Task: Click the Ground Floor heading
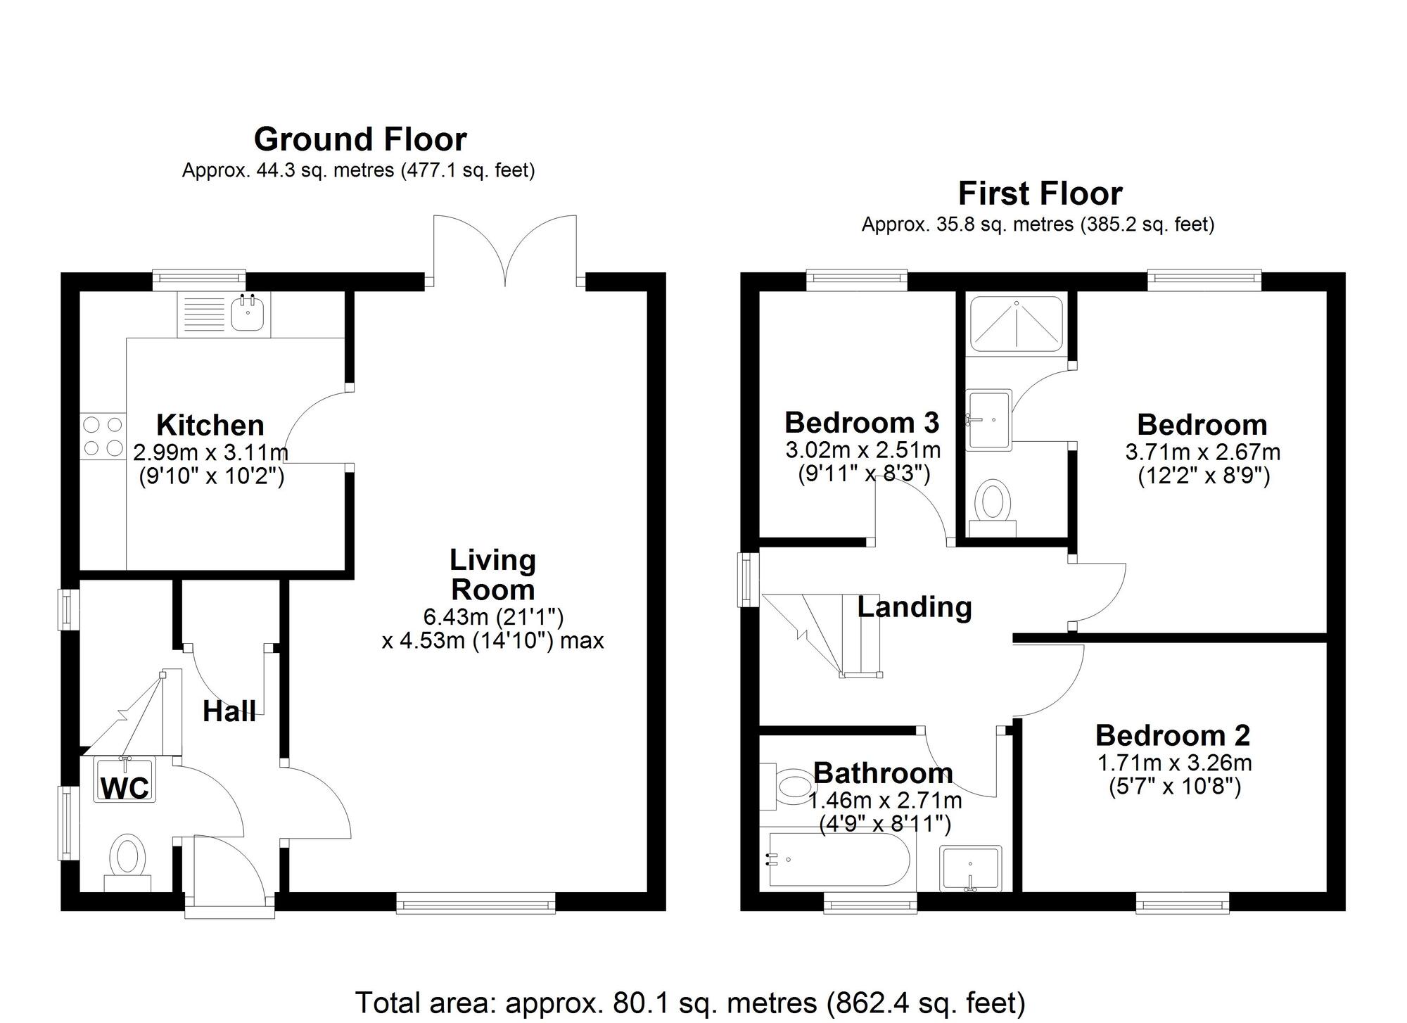coord(360,139)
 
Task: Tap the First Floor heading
coord(1040,193)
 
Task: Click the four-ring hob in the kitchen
coord(102,436)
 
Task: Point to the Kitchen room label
coord(210,425)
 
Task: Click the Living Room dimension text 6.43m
coord(456,617)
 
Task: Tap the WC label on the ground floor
coord(125,788)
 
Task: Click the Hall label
coord(229,711)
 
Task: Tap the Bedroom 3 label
coord(862,423)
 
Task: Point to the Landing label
coord(915,606)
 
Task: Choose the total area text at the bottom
coord(690,1003)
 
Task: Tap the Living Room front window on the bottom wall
coord(476,903)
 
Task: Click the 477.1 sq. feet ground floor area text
coord(468,170)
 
